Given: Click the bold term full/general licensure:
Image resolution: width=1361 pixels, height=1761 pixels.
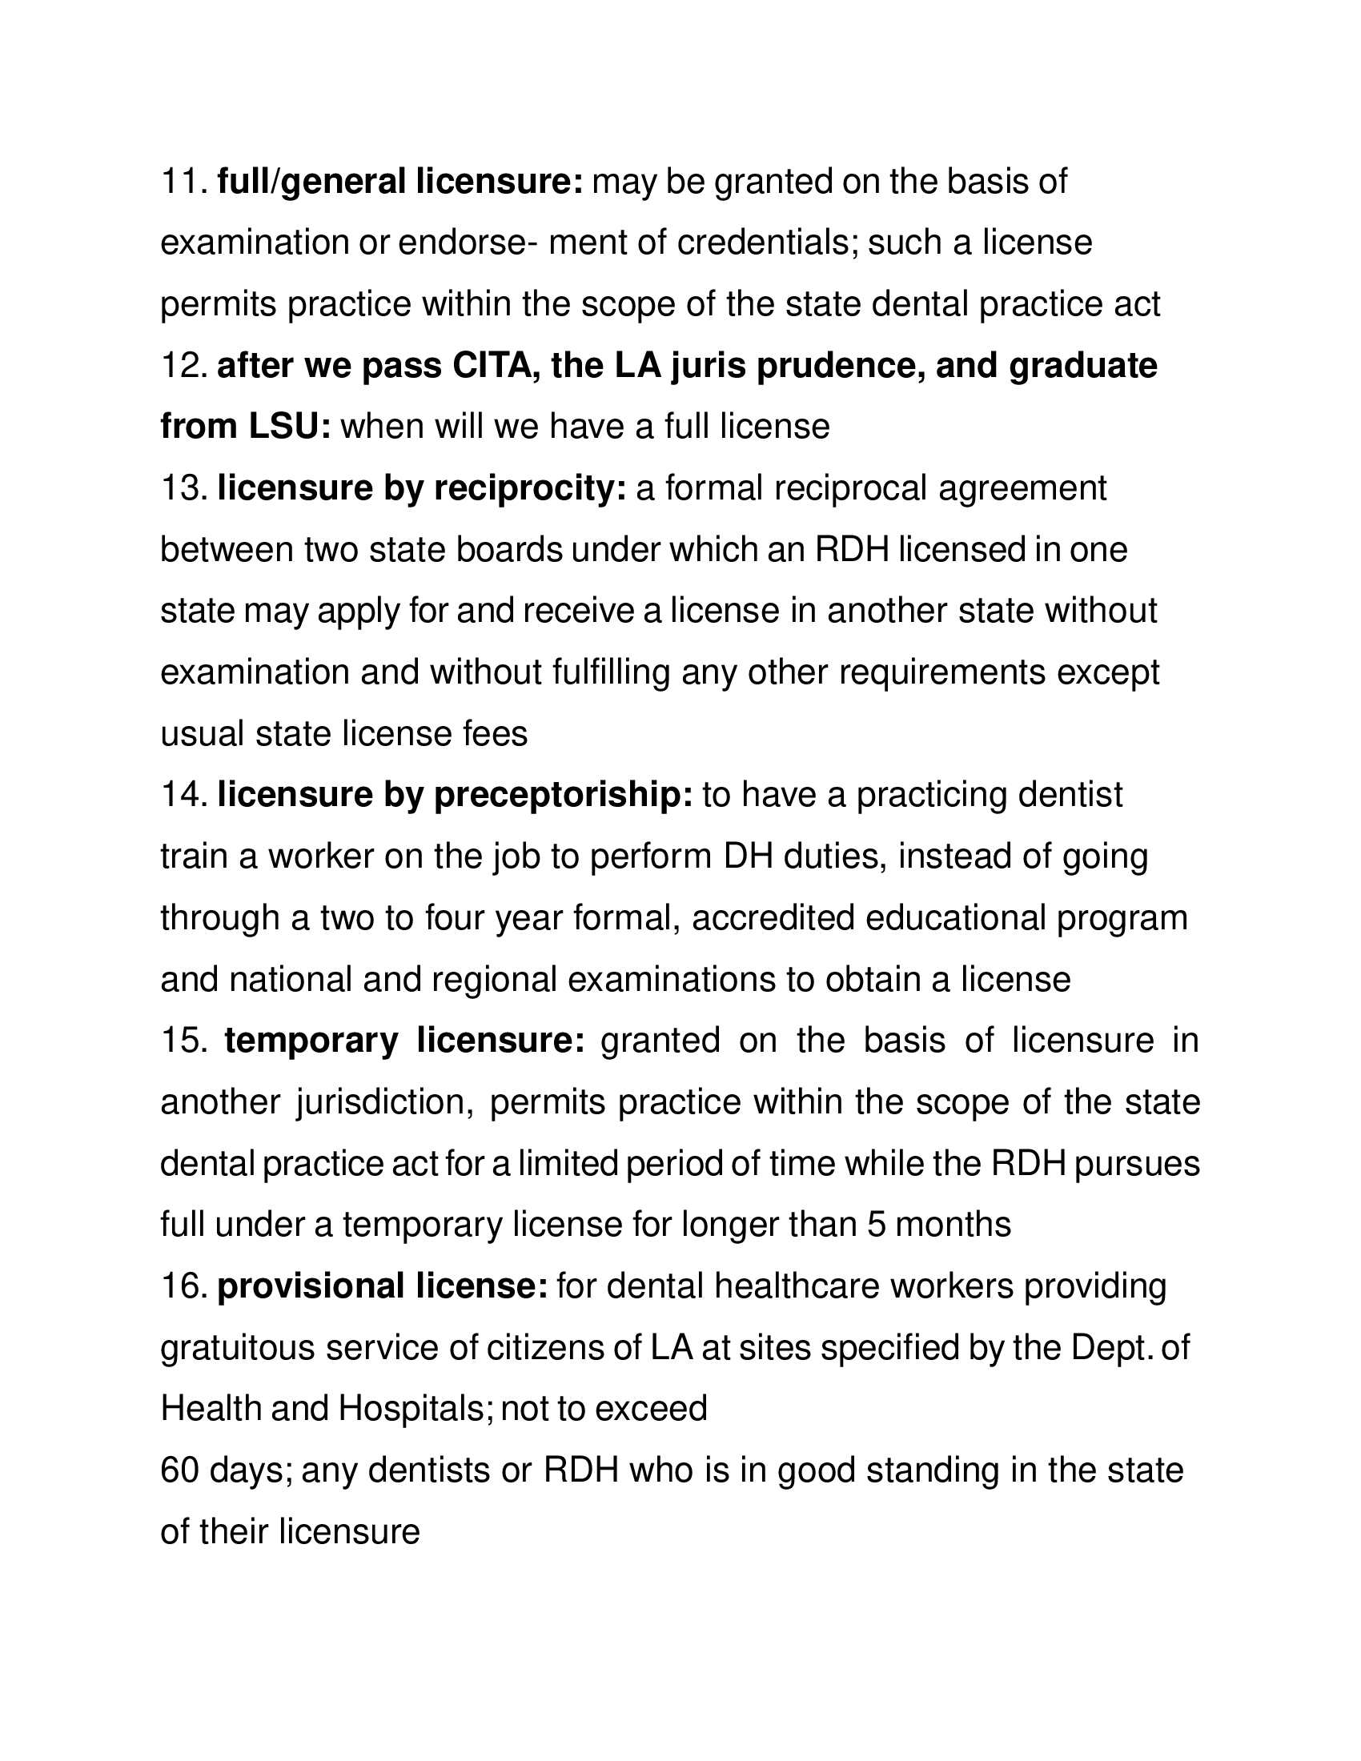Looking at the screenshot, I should pyautogui.click(x=400, y=183).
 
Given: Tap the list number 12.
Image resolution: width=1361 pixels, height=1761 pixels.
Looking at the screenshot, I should pyautogui.click(x=185, y=366).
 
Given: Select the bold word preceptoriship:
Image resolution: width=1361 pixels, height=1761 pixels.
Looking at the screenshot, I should pyautogui.click(x=564, y=795).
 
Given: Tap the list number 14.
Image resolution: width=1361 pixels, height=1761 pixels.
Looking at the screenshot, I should pyautogui.click(x=185, y=795).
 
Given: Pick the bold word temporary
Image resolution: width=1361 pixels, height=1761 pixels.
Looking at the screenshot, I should pyautogui.click(x=311, y=1041).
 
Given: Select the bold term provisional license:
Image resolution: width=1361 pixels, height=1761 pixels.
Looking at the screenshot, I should pyautogui.click(x=382, y=1286).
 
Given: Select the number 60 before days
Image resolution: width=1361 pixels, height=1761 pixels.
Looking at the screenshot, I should pyautogui.click(x=179, y=1470).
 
